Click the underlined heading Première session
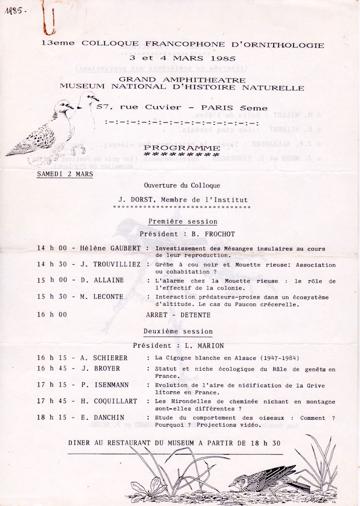[x=183, y=221]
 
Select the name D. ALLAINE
[x=102, y=280]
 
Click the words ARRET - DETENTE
[x=178, y=315]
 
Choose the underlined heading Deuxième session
[x=178, y=331]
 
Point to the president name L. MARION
[x=204, y=346]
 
